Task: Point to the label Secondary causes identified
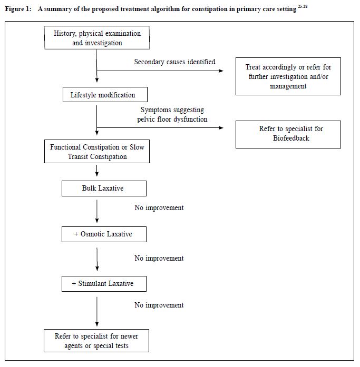click(x=174, y=62)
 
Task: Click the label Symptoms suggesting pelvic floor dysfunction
click(x=172, y=114)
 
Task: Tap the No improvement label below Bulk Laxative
click(x=159, y=207)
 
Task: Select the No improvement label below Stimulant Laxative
click(x=159, y=305)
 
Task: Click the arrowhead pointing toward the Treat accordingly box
click(x=221, y=71)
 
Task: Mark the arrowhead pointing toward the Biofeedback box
click(x=221, y=127)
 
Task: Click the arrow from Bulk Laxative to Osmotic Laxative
click(x=97, y=211)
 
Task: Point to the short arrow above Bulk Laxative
click(x=97, y=171)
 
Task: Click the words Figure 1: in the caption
click(x=18, y=9)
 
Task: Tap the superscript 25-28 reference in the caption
click(x=303, y=6)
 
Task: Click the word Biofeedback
click(x=291, y=138)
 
